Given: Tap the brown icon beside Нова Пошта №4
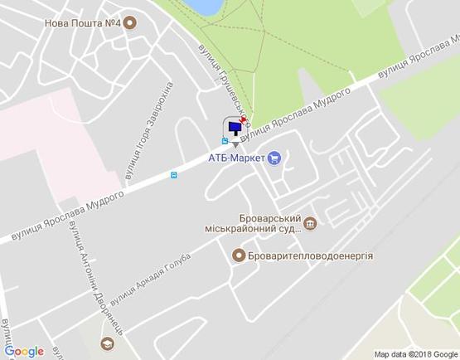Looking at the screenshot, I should click(130, 24).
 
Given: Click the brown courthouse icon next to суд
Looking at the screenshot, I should click(310, 222).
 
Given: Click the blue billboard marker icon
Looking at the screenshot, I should click(235, 129).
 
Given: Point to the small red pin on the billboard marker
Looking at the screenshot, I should click(243, 120).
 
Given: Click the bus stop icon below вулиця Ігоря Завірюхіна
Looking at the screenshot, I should click(173, 174).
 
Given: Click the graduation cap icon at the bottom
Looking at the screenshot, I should click(106, 343).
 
